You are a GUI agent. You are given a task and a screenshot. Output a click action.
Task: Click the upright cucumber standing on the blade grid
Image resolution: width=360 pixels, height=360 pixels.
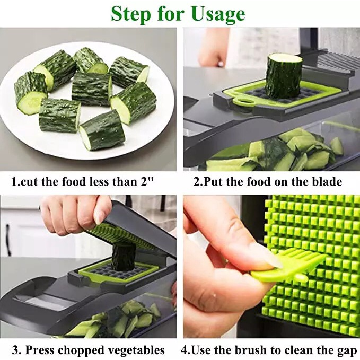click(284, 75)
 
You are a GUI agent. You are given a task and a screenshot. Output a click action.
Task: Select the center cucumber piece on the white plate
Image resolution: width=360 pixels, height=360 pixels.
click(91, 89)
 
